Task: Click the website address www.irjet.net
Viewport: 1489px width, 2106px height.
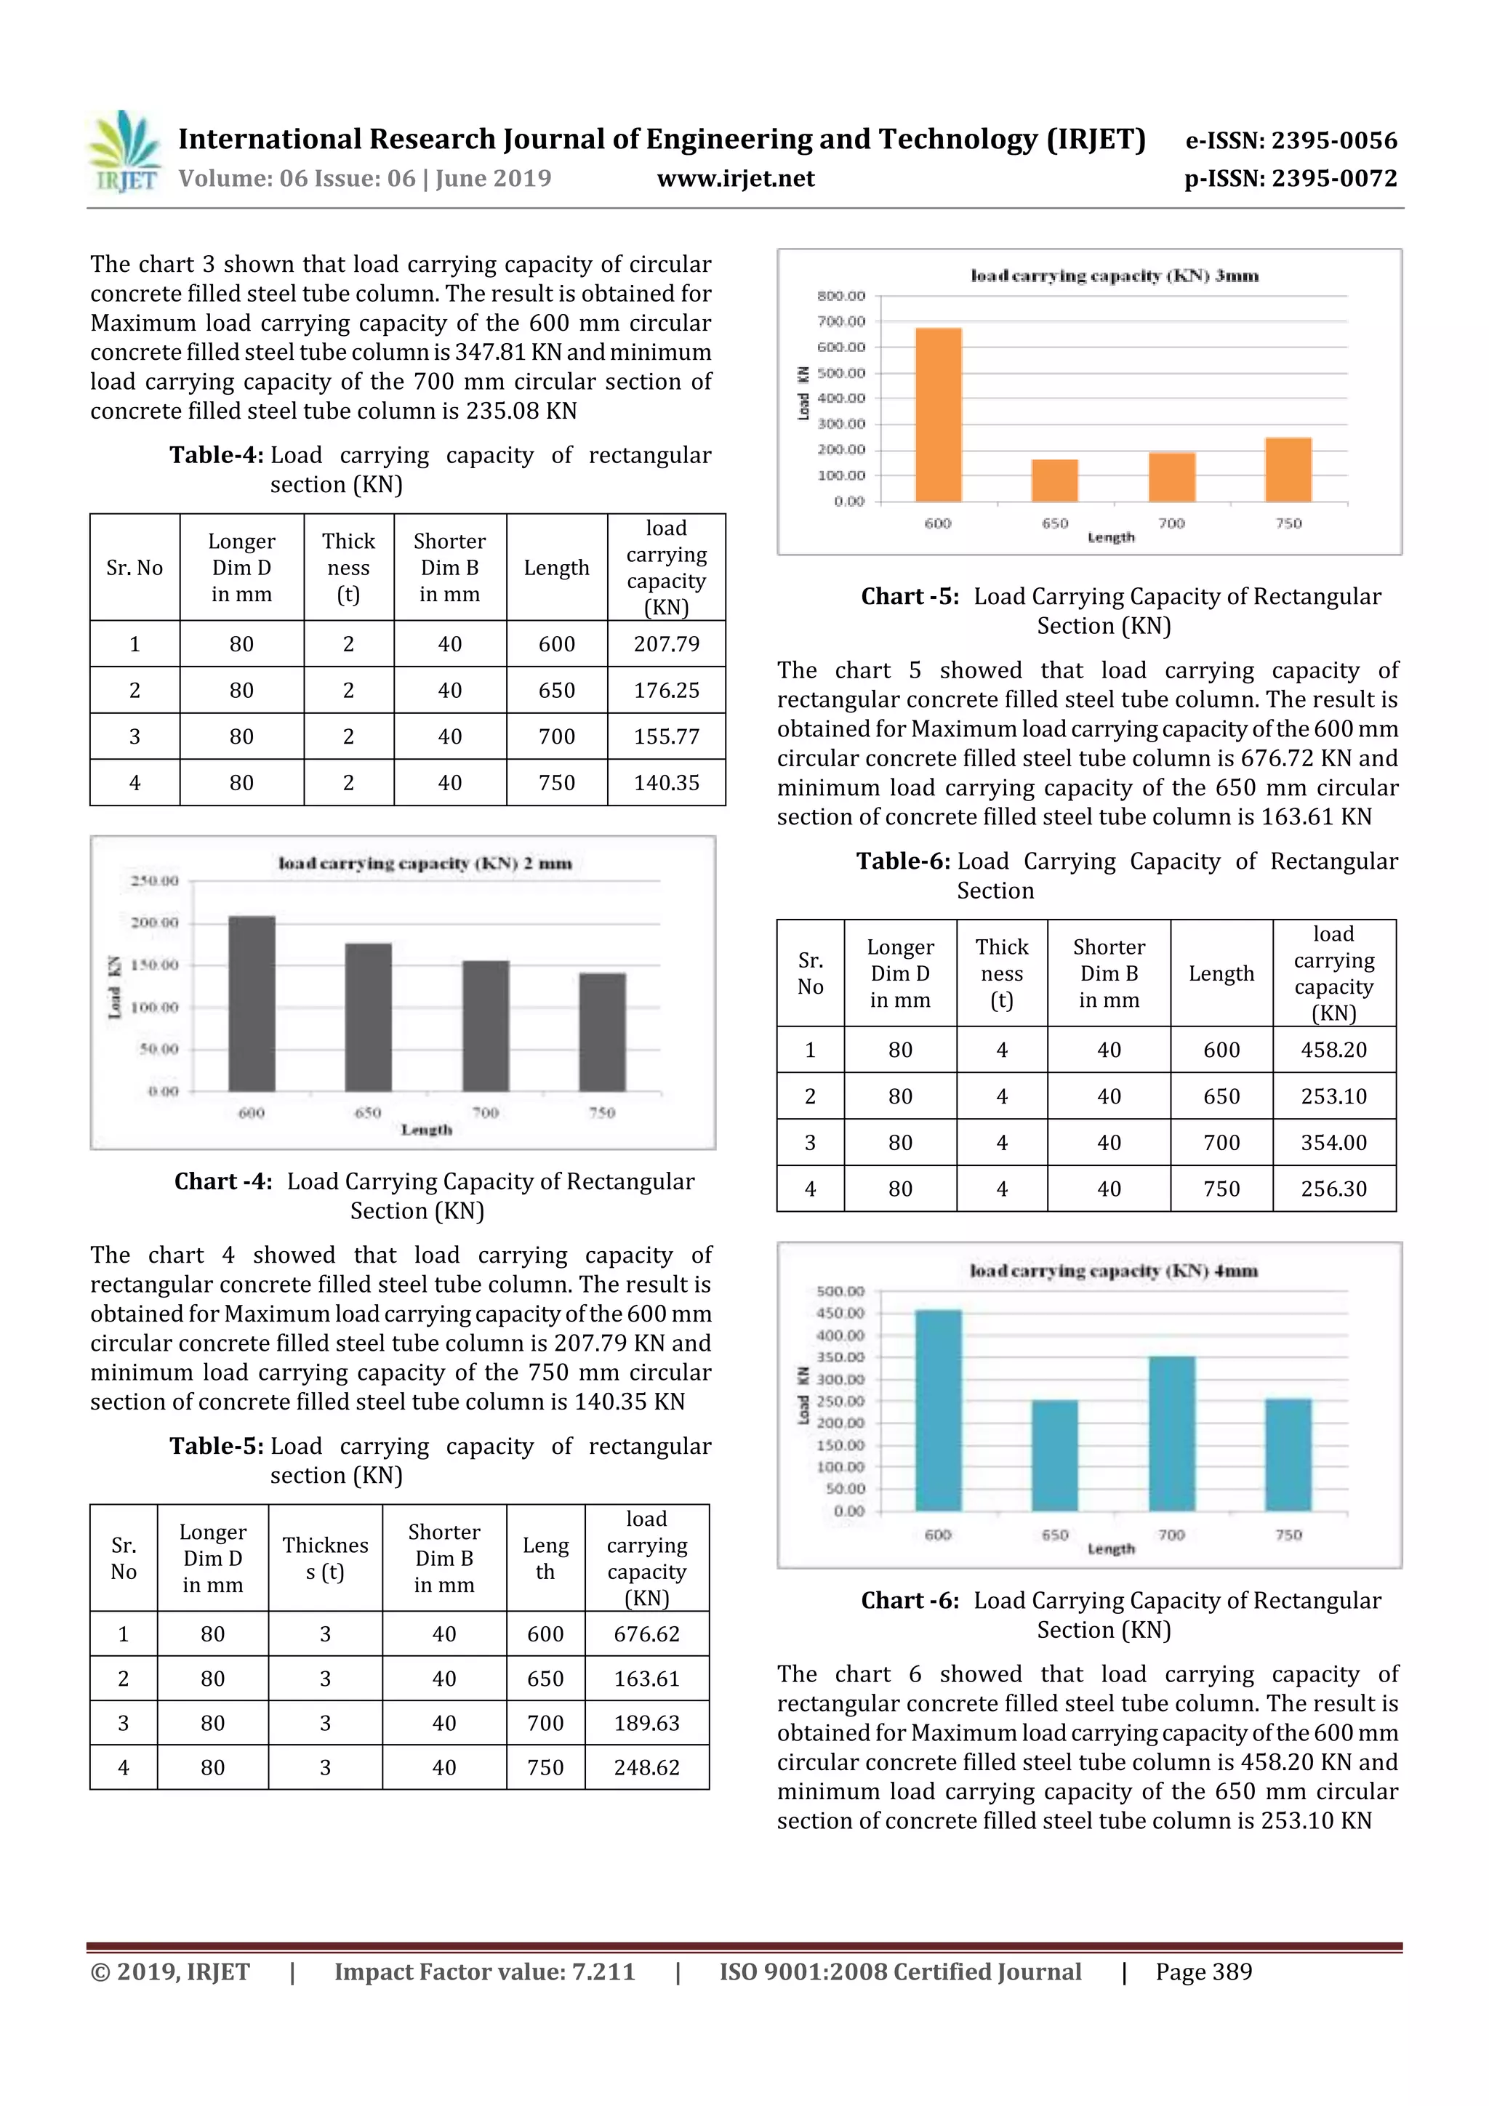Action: tap(735, 179)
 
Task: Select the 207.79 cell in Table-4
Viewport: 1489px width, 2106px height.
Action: tap(666, 644)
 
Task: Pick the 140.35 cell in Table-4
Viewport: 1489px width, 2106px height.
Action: tap(666, 782)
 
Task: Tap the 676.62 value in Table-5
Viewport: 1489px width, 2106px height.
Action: tap(647, 1633)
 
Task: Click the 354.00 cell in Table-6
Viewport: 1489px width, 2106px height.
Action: tap(1333, 1142)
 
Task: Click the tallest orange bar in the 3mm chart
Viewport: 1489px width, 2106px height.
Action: tap(938, 414)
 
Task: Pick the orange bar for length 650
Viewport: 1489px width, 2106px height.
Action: tap(1054, 481)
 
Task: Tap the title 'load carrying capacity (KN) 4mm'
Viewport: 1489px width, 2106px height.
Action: tap(1113, 1271)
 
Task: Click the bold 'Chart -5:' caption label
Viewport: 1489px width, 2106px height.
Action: tap(910, 597)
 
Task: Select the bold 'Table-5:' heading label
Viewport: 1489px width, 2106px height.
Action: tap(217, 1447)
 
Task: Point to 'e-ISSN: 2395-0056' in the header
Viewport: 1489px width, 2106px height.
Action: tap(1291, 141)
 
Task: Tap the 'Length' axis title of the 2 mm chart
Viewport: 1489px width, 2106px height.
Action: tap(427, 1129)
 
